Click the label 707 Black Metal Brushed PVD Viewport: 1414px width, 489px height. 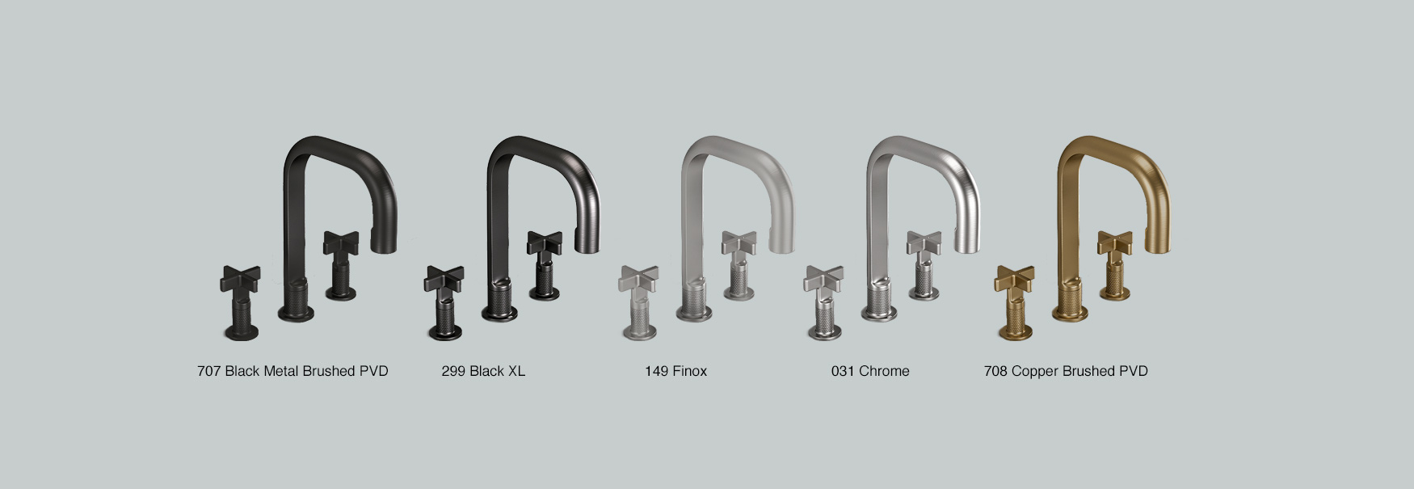point(292,371)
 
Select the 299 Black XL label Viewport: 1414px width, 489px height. point(483,371)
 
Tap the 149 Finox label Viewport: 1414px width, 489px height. point(675,371)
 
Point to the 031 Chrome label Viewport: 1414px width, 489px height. point(870,371)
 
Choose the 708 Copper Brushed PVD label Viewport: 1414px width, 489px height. point(1066,371)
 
